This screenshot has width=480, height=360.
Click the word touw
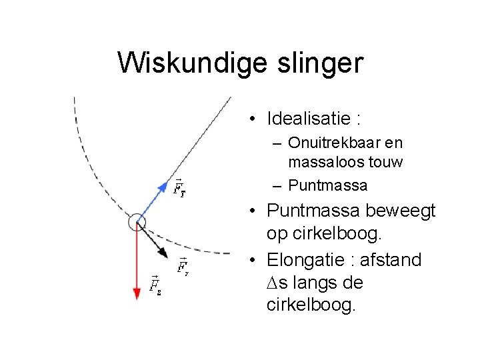(x=384, y=162)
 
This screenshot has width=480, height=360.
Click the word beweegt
(x=403, y=211)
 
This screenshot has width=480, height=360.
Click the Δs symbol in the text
(x=277, y=283)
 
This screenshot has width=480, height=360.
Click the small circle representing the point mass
(x=137, y=222)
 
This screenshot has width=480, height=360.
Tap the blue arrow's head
(x=165, y=186)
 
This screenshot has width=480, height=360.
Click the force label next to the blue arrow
(x=179, y=187)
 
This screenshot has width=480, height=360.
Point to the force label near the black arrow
(x=183, y=267)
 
